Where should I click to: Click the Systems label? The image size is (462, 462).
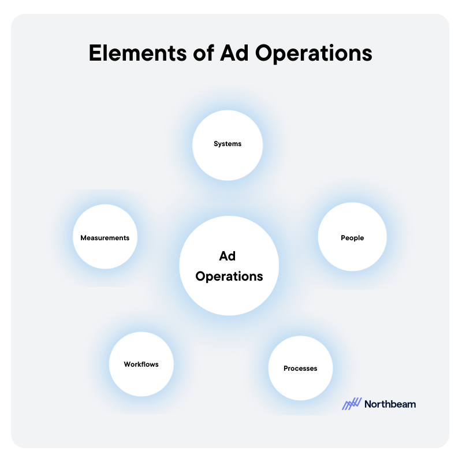pos(228,144)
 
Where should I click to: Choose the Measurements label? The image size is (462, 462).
pos(105,237)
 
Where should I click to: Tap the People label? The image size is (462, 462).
pos(352,237)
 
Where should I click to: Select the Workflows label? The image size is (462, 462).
pos(141,364)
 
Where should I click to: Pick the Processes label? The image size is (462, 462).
pos(300,368)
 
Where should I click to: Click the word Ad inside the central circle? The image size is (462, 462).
pos(229,256)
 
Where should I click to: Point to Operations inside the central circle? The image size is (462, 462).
pos(229,277)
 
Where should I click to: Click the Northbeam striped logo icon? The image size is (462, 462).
pos(352,404)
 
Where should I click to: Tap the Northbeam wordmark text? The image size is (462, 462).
pos(390,404)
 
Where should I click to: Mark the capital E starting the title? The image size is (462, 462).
pos(95,53)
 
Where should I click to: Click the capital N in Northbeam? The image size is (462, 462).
pos(368,404)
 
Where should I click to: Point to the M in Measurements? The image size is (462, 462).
pos(84,237)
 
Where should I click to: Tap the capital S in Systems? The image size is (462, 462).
pos(216,144)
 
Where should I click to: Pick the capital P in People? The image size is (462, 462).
pos(343,237)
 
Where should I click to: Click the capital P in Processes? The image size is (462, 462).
pos(286,368)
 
